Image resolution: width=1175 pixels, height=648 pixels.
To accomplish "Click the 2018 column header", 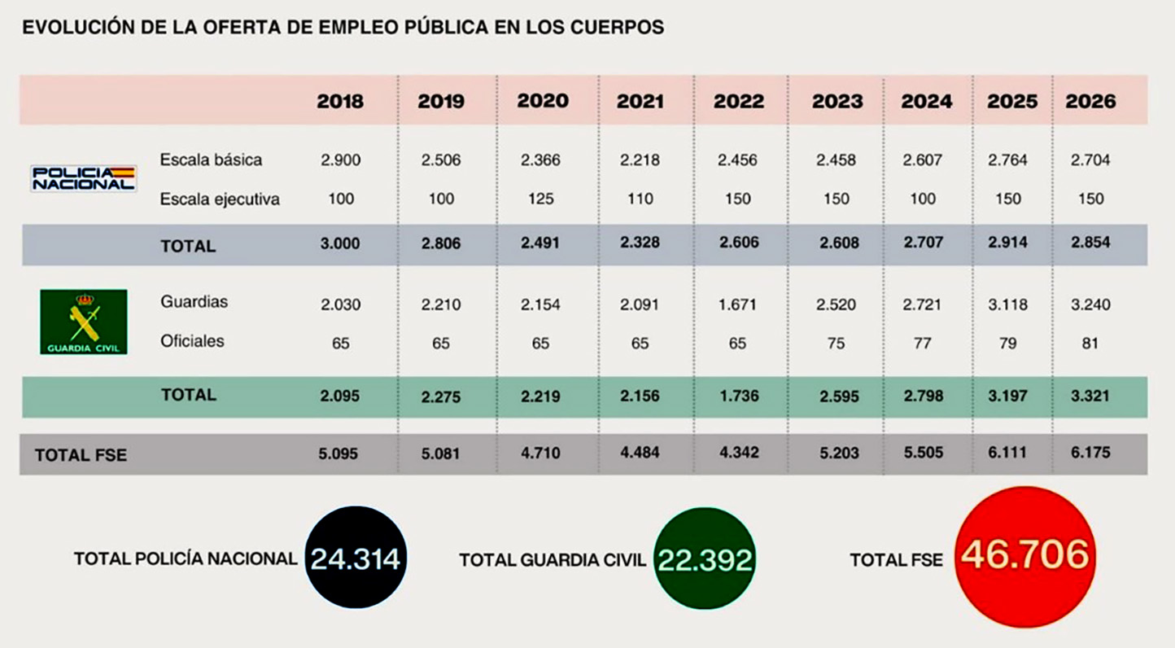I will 340,102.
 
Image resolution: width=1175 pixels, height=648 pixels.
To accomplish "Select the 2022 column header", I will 739,102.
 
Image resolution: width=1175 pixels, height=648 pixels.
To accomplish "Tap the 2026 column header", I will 1090,102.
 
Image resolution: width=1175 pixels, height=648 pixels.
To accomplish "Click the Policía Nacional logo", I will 83,178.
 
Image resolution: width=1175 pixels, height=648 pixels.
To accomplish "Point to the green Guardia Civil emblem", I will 83,322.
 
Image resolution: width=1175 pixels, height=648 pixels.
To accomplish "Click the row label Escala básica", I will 211,160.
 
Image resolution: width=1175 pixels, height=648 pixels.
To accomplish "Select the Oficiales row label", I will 192,341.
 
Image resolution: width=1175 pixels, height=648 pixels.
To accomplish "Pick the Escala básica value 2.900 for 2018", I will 340,160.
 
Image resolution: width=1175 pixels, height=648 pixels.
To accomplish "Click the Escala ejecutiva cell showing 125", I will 540,199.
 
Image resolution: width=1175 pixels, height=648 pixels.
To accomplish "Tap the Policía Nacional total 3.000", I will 340,243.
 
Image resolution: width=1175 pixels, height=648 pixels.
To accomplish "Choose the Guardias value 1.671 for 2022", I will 737,304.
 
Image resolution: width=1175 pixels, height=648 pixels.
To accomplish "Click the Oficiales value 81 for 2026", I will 1090,343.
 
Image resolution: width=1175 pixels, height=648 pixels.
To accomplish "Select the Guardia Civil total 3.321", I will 1090,396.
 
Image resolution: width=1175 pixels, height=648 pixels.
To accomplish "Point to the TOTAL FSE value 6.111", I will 1007,453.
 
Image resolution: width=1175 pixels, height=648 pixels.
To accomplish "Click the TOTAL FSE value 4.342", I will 737,453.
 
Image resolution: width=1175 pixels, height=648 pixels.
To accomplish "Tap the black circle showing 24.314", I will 356,558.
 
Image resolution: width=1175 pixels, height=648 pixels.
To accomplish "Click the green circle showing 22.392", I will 705,558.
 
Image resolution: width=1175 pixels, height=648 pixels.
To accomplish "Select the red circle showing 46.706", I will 1024,556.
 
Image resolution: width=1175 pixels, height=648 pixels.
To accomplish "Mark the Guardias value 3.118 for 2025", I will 1007,304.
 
